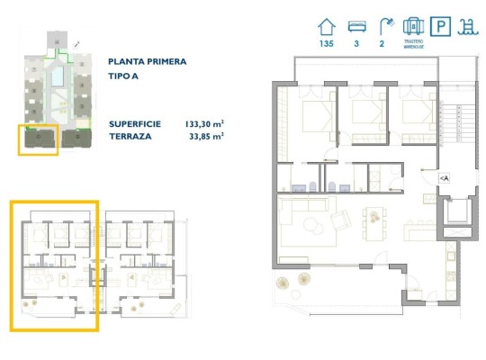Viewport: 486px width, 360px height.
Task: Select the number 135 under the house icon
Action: pos(327,43)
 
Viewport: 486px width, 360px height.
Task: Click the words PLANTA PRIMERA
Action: pos(147,62)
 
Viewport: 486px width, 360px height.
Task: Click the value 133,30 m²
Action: pos(203,123)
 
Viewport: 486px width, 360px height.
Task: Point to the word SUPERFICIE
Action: pos(136,123)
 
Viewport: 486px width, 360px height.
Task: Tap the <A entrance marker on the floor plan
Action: pos(445,178)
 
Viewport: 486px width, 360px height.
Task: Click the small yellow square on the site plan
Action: pos(38,139)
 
